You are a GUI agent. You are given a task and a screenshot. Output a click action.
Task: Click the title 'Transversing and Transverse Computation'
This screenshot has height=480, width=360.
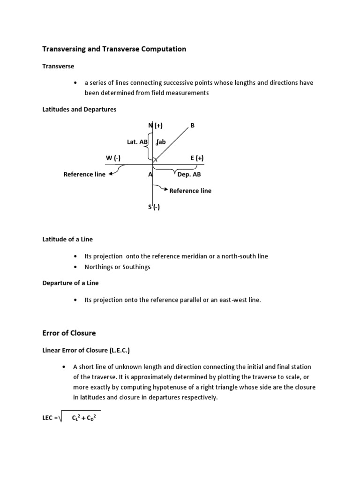click(114, 49)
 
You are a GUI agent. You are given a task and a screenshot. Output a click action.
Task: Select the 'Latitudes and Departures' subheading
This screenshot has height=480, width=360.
click(79, 109)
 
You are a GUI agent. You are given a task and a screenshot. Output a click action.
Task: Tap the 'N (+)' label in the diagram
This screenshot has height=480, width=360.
click(155, 125)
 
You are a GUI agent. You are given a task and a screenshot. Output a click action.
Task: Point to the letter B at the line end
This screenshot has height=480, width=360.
click(192, 125)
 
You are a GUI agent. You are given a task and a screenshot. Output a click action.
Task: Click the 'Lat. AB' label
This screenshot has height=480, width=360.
click(137, 142)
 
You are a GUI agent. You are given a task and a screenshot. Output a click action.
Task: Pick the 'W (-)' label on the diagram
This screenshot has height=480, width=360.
click(114, 158)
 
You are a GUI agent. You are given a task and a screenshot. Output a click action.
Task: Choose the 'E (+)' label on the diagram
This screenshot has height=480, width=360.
click(197, 158)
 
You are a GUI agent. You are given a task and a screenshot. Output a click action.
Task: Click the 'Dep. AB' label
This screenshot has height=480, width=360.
click(189, 174)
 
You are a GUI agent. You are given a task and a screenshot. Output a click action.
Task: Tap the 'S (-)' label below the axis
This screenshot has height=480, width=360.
click(154, 207)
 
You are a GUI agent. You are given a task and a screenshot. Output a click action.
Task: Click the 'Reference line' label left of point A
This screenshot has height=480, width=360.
click(84, 174)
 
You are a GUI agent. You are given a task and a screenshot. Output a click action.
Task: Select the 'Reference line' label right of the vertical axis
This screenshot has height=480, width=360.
click(190, 191)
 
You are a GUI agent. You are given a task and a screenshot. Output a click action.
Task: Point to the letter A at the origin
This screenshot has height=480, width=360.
click(150, 174)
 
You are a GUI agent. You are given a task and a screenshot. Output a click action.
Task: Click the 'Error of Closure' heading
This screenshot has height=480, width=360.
click(69, 333)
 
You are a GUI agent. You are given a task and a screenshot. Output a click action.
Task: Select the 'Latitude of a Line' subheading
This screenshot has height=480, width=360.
click(67, 239)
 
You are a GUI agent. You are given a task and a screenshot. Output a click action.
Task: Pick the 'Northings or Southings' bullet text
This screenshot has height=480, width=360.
click(117, 267)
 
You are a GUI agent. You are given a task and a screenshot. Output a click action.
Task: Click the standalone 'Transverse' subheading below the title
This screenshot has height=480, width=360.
click(58, 67)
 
